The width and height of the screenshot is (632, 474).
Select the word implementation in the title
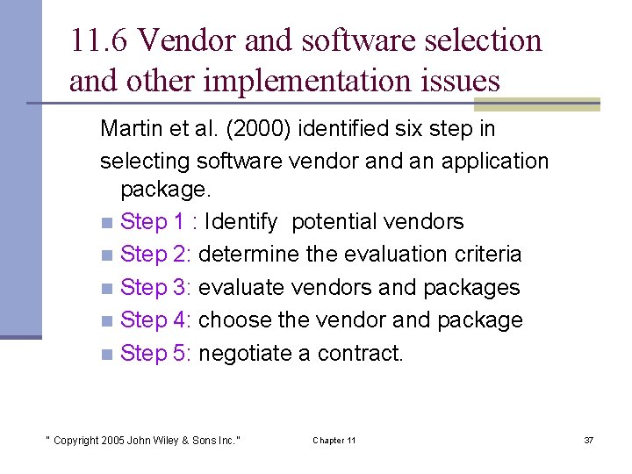pyautogui.click(x=313, y=81)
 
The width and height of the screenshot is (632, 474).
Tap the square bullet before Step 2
pyautogui.click(x=106, y=255)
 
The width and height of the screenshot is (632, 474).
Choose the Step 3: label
pyautogui.click(x=156, y=288)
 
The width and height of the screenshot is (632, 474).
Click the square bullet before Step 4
pyautogui.click(x=106, y=321)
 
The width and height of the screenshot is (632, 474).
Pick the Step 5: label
pyautogui.click(x=156, y=354)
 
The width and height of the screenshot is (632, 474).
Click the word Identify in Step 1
pyautogui.click(x=241, y=222)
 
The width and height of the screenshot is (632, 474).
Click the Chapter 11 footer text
pyautogui.click(x=334, y=440)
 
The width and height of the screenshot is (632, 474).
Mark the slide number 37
pyautogui.click(x=588, y=440)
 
